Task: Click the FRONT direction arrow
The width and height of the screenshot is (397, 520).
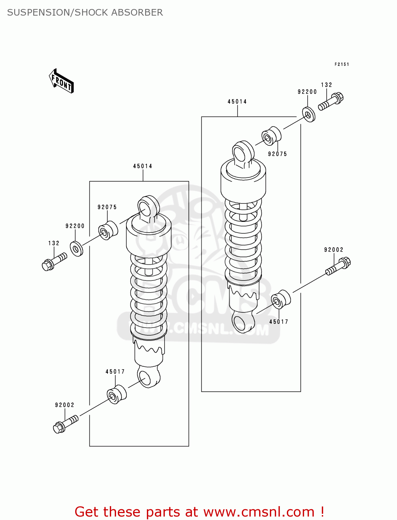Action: (x=61, y=81)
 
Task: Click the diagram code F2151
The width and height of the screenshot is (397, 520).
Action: (x=342, y=64)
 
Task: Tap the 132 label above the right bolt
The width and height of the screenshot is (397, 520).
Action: (x=326, y=85)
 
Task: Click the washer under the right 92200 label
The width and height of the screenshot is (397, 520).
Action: (x=309, y=115)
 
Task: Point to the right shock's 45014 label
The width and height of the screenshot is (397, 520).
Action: (x=237, y=102)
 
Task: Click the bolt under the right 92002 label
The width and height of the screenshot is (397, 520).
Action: (x=338, y=266)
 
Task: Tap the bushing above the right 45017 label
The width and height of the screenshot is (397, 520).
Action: (x=281, y=299)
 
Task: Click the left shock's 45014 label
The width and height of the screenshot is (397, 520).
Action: (x=142, y=166)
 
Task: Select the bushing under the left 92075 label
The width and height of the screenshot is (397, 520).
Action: (x=108, y=230)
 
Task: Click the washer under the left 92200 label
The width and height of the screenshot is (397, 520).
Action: (x=77, y=249)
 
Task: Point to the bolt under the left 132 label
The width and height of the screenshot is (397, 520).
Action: (x=54, y=262)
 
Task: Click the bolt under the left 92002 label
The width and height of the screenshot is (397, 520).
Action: (x=65, y=424)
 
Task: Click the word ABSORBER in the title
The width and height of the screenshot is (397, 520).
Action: (x=137, y=12)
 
